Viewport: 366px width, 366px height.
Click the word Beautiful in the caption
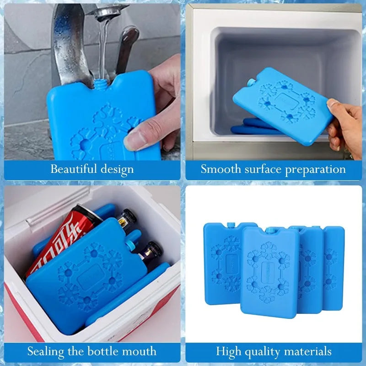(x=72, y=169)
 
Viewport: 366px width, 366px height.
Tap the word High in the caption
(x=227, y=351)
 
